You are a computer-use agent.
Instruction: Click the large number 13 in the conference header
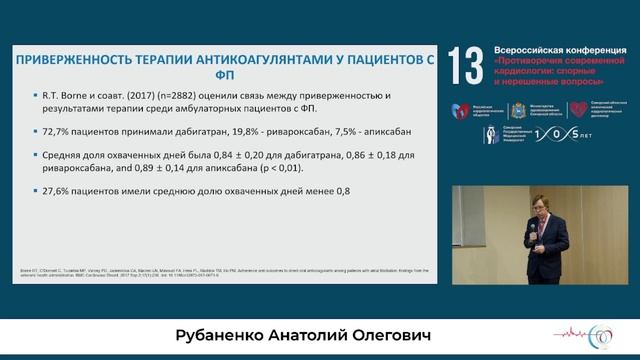(465, 65)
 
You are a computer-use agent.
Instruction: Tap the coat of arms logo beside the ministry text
(517, 111)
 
